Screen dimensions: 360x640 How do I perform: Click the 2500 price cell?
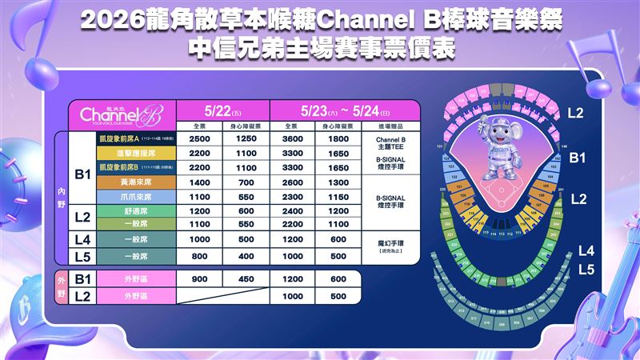coord(200,138)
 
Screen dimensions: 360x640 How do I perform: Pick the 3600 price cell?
coord(294,138)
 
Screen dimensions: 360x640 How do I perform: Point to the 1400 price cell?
coord(200,182)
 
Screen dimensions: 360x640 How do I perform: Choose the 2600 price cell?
coord(294,182)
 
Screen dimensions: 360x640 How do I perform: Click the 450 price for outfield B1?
coord(246,279)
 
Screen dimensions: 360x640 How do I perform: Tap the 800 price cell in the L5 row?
coord(200,256)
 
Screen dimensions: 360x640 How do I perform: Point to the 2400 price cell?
coord(294,212)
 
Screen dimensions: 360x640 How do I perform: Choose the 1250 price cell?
coord(246,138)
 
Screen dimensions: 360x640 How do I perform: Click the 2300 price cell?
coord(294,197)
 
